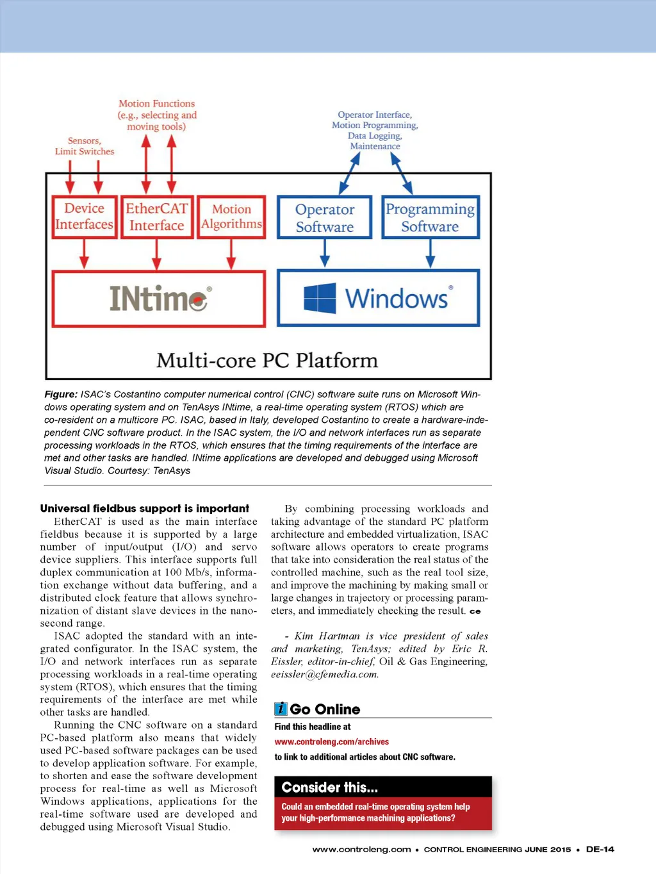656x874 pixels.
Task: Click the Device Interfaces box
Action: coord(84,217)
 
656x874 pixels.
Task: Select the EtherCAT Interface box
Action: coord(157,217)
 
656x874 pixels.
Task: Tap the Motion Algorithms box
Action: coord(231,217)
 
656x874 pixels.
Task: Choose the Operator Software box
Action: coord(325,218)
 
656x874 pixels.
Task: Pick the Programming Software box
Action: coord(430,218)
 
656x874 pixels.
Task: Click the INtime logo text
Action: coord(159,299)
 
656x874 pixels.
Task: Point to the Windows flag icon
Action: coord(320,299)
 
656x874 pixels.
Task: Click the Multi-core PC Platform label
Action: coord(267,360)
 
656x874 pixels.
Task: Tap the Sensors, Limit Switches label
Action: coord(84,146)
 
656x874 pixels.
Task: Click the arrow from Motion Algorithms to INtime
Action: coord(231,254)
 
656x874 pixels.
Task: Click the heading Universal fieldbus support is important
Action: coord(145,508)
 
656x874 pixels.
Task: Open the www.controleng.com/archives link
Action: coord(332,742)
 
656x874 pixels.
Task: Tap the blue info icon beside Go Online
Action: coord(281,709)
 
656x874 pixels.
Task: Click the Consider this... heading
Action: coord(330,787)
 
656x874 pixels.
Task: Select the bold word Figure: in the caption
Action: coord(61,395)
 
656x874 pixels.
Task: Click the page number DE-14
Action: coord(600,850)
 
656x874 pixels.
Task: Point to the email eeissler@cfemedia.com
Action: coord(325,674)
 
